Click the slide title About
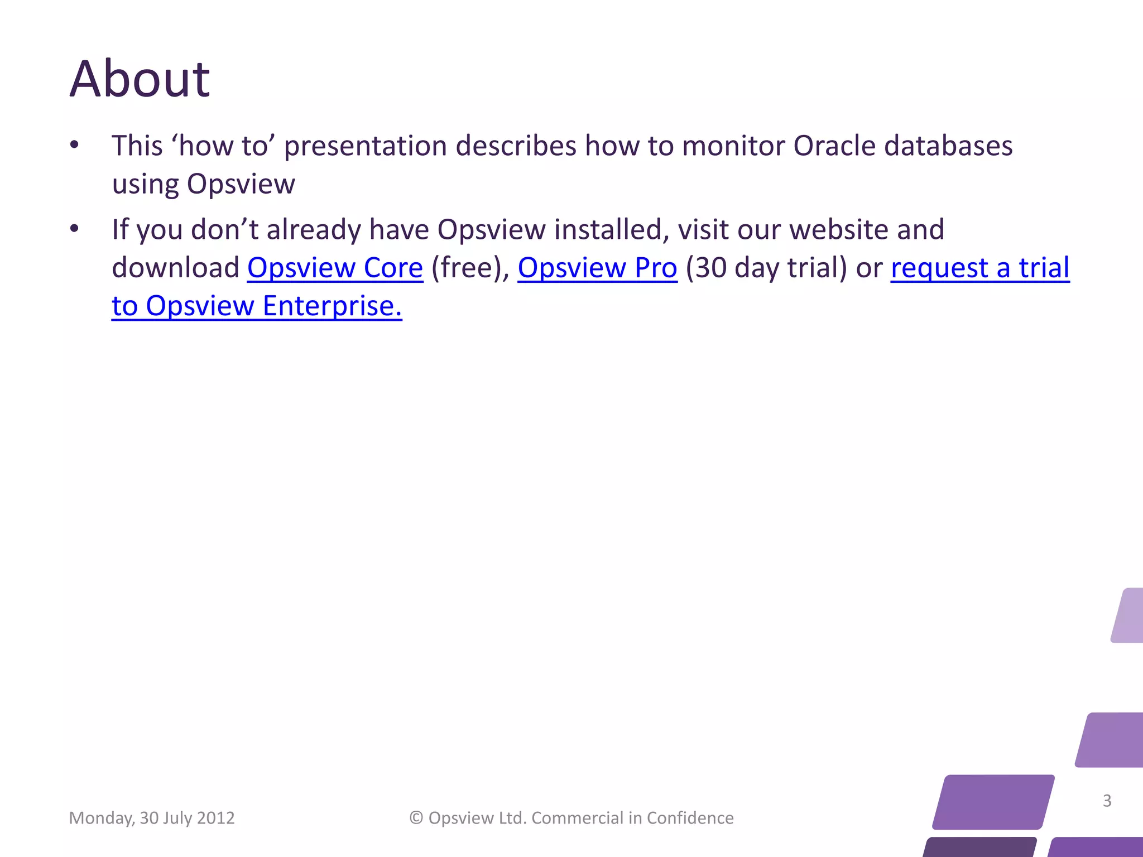tap(140, 79)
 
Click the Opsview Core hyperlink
tap(335, 268)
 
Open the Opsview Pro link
tap(597, 268)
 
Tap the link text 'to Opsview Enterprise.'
tap(257, 306)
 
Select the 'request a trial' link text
tap(980, 268)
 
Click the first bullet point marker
tap(74, 146)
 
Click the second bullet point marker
tap(74, 229)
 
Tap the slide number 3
tap(1107, 801)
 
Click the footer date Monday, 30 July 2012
tap(152, 818)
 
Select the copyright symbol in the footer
tap(416, 818)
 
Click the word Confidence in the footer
tap(690, 818)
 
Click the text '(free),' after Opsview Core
tap(470, 268)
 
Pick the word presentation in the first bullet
tap(365, 146)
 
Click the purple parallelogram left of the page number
tap(993, 802)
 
